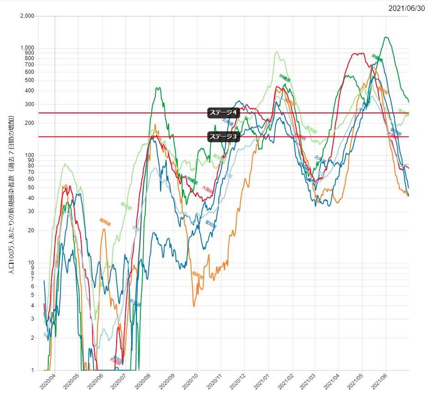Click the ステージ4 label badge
tap(223, 112)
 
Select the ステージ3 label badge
tap(223, 137)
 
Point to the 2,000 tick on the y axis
tap(28, 16)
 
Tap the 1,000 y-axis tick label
tap(28, 48)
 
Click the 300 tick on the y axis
tap(30, 104)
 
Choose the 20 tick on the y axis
tap(31, 230)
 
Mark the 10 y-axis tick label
tap(31, 263)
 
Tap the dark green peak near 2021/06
tap(387, 37)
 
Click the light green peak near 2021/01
tap(277, 51)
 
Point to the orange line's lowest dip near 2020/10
tap(194, 306)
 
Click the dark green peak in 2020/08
tap(158, 87)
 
